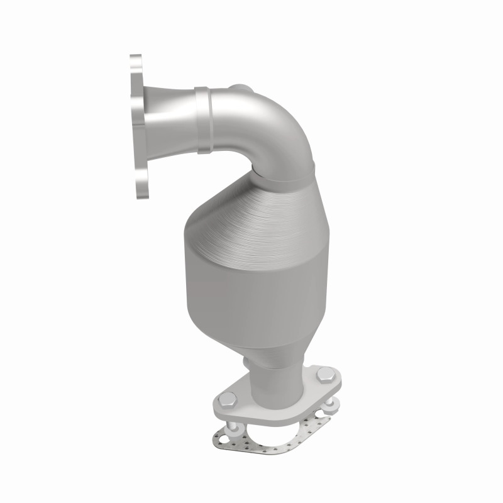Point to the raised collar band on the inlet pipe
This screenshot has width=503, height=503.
[202, 119]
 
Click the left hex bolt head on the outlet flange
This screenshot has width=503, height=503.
[228, 399]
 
